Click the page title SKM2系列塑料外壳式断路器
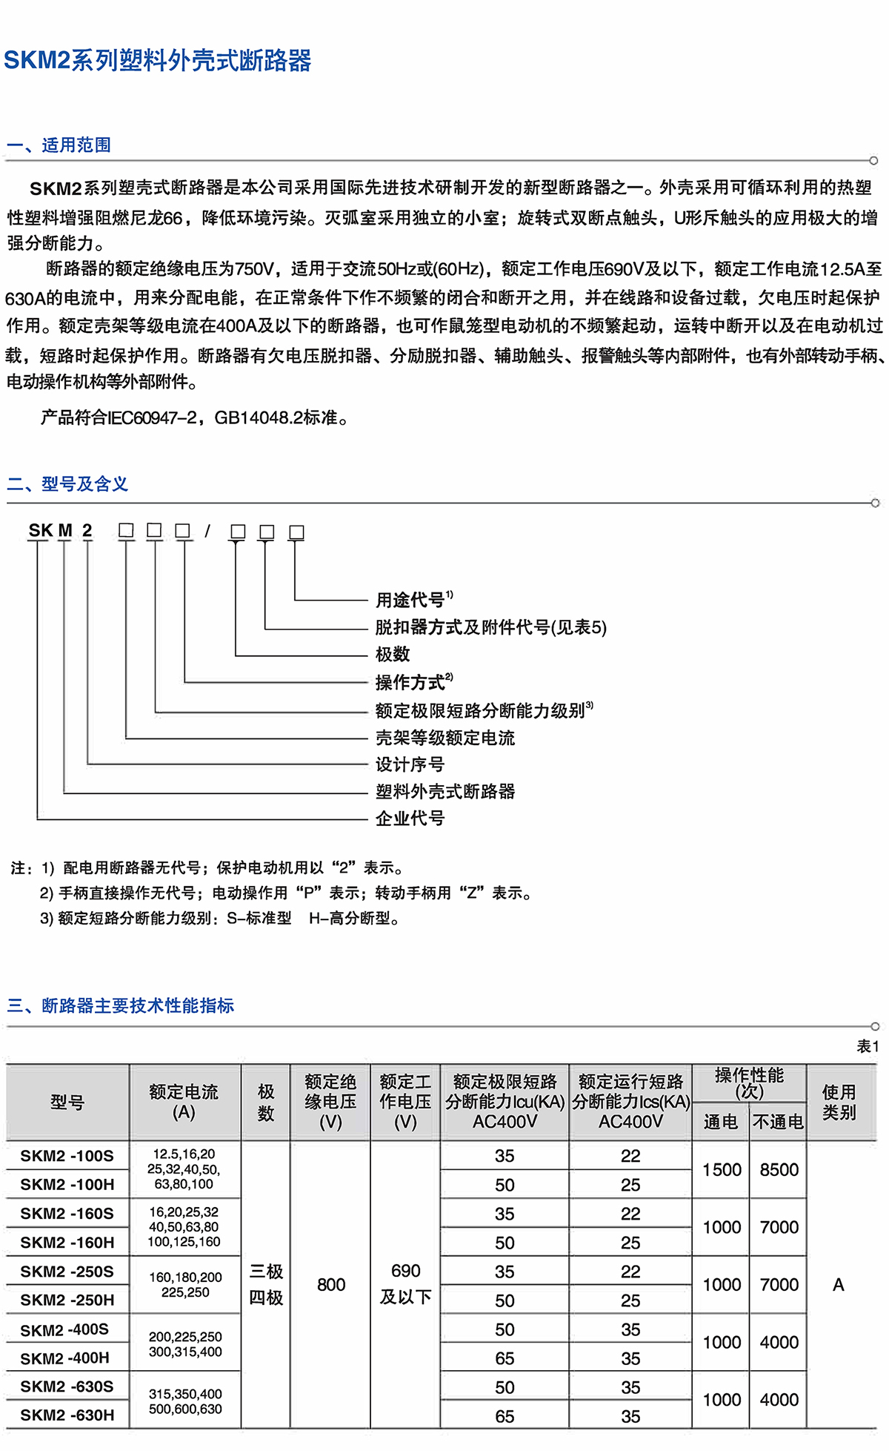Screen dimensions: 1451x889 click(x=158, y=60)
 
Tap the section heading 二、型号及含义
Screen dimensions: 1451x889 click(x=67, y=484)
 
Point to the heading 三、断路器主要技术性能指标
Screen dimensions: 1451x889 click(x=121, y=1005)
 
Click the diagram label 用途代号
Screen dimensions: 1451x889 click(x=410, y=600)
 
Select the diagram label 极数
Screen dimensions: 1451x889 click(x=393, y=654)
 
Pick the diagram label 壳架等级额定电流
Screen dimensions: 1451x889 click(x=444, y=738)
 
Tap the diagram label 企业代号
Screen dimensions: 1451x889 click(x=410, y=818)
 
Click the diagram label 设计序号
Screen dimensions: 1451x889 click(x=410, y=764)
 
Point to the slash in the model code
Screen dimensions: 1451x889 click(x=208, y=531)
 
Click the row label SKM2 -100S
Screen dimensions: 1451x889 click(x=67, y=1155)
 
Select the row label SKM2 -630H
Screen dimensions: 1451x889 click(x=67, y=1415)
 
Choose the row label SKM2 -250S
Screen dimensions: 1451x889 click(x=67, y=1271)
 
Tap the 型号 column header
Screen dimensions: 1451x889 click(x=67, y=1103)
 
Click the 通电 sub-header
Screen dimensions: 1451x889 click(x=720, y=1122)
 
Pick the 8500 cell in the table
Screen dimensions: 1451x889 click(x=779, y=1169)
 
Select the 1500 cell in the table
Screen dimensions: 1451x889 click(x=722, y=1169)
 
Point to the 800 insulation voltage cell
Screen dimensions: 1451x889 click(x=330, y=1284)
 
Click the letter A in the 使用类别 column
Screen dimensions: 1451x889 click(x=839, y=1284)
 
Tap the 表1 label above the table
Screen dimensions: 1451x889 click(x=868, y=1045)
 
